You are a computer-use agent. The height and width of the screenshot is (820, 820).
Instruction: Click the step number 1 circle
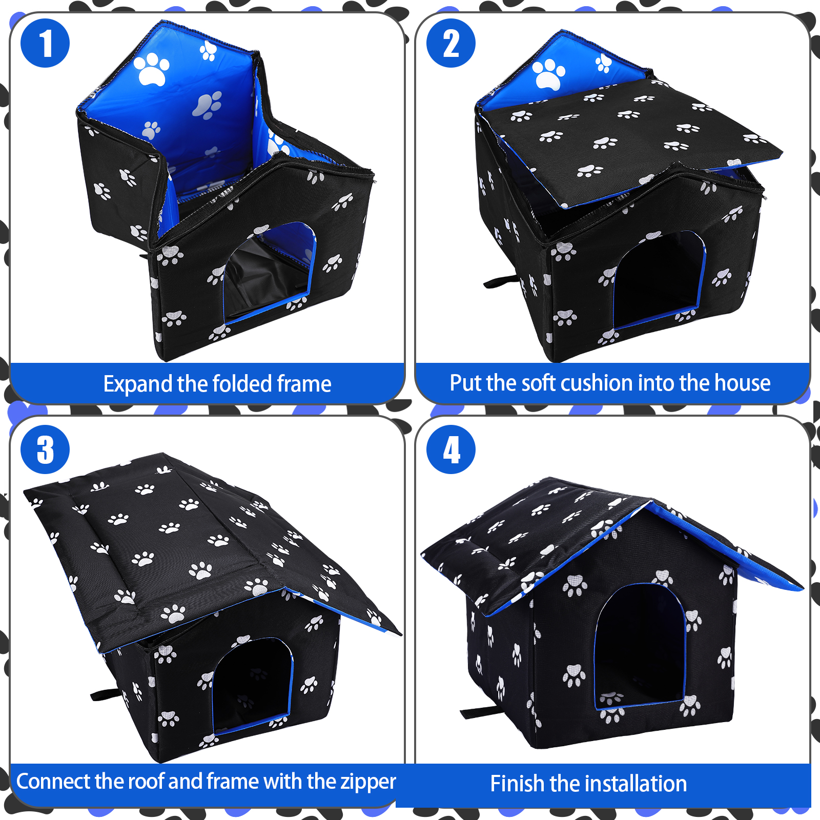point(45,43)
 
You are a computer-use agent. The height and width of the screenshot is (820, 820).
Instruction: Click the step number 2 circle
point(451,43)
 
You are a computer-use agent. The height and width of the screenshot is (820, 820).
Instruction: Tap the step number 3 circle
point(45,449)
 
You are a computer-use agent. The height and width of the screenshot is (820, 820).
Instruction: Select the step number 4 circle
point(451,449)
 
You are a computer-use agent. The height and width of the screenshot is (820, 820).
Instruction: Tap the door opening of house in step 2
point(659,280)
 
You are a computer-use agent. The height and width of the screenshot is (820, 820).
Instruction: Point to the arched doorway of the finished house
point(640,646)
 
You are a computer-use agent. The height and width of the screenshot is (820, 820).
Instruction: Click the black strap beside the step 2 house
point(501,281)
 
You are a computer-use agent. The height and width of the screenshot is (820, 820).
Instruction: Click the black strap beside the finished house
point(480,711)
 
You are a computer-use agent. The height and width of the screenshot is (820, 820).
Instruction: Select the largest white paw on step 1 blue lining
point(151,69)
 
